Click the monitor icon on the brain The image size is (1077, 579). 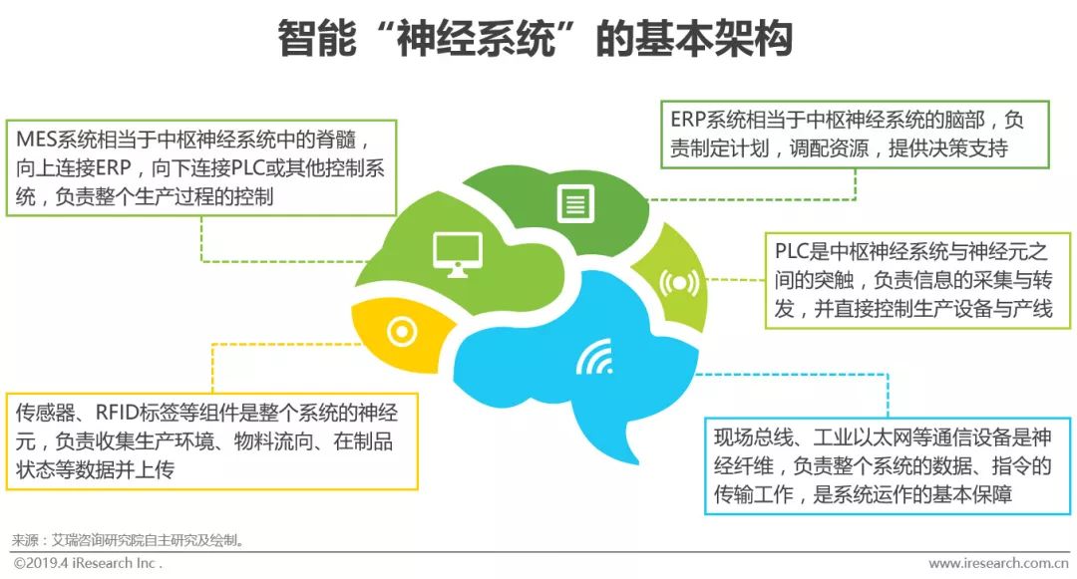click(457, 253)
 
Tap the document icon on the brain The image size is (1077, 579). click(574, 203)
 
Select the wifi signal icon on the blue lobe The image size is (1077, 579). click(593, 358)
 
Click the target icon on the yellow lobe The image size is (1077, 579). click(401, 331)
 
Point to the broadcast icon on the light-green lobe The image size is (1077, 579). click(679, 283)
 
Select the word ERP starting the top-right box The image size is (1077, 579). click(688, 121)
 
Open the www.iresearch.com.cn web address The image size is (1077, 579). click(997, 564)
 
